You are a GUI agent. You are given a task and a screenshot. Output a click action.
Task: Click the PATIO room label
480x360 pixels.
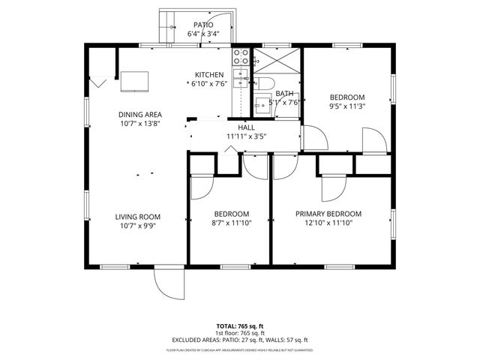[203, 25]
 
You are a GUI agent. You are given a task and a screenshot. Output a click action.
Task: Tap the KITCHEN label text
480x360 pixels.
[209, 75]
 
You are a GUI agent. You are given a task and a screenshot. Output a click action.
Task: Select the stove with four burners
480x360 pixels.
[241, 55]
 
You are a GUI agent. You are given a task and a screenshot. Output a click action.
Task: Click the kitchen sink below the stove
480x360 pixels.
[240, 77]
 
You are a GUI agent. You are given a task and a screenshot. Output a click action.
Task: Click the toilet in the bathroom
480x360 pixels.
[265, 84]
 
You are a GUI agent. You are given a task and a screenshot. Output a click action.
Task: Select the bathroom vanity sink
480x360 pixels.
[262, 105]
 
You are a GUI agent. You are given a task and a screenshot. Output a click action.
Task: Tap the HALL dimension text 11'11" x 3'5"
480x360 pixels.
[246, 136]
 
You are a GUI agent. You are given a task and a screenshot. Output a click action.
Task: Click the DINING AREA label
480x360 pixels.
[140, 115]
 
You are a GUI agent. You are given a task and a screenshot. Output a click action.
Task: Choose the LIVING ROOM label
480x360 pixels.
[138, 217]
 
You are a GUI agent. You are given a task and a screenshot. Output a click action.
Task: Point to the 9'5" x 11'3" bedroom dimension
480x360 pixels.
[347, 106]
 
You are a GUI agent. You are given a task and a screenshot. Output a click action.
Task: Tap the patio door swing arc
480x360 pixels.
[171, 28]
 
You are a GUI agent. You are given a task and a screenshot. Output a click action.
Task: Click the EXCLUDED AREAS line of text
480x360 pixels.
[243, 340]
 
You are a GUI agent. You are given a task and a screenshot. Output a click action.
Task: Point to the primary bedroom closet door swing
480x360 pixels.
[334, 188]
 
